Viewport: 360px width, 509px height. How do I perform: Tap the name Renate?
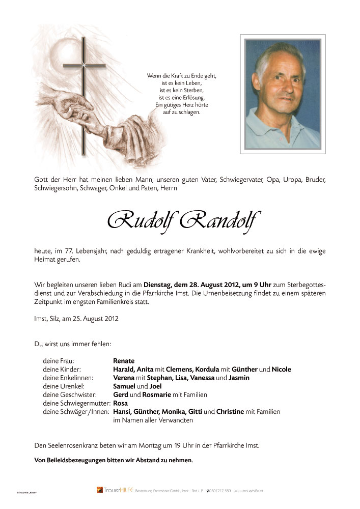point(124,360)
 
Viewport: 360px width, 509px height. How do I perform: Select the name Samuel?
point(125,386)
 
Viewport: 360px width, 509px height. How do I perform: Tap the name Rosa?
point(120,403)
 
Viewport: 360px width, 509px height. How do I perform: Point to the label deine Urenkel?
point(64,386)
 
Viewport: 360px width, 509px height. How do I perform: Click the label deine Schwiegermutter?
point(77,403)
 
